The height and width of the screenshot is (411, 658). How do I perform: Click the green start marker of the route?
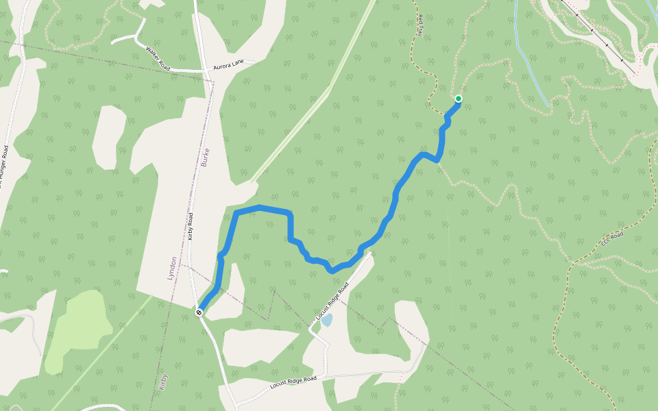click(x=458, y=99)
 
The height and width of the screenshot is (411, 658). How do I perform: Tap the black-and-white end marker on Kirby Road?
click(x=199, y=312)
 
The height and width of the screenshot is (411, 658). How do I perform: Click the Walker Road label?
click(x=158, y=58)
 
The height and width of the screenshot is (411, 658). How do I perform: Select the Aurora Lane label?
click(x=228, y=62)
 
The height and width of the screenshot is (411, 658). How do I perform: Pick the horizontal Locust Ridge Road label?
click(x=293, y=382)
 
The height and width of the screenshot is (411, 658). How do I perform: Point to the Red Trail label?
click(x=419, y=25)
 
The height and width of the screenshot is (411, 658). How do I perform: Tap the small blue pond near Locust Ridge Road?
click(x=327, y=320)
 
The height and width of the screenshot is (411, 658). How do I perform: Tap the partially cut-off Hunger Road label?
click(x=4, y=164)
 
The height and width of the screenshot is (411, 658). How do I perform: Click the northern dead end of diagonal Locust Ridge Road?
click(x=370, y=253)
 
